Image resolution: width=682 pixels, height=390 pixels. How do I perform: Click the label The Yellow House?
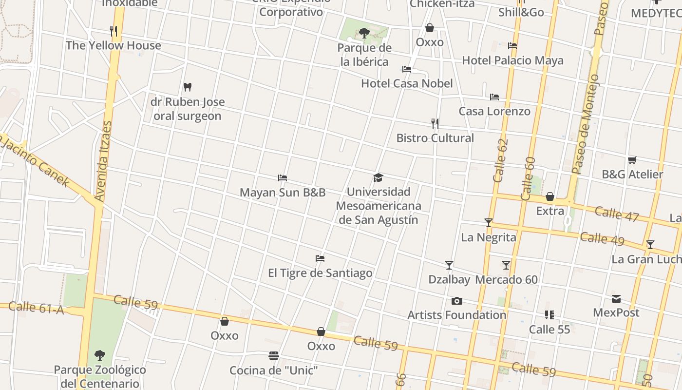click(113, 45)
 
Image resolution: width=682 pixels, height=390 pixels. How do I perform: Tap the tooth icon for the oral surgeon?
click(188, 87)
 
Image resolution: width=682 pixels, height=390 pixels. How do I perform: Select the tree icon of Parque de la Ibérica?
click(364, 33)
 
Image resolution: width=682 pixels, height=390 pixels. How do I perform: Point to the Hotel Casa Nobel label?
click(407, 83)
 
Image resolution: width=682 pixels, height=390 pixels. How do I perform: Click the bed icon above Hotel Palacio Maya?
click(512, 46)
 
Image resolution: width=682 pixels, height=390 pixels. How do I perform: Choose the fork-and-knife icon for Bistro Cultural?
click(435, 124)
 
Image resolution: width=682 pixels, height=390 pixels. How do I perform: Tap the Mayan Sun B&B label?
click(283, 193)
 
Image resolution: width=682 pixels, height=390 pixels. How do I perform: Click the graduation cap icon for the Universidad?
click(379, 177)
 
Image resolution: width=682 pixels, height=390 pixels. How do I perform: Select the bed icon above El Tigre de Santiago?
click(320, 258)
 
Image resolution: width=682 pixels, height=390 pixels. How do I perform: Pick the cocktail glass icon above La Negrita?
click(489, 223)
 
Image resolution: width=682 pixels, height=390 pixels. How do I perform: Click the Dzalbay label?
click(449, 280)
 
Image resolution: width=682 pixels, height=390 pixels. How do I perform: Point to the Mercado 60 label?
click(507, 280)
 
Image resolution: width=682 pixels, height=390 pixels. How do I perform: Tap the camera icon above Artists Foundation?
click(457, 301)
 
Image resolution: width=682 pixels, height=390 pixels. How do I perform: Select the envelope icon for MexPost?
click(616, 298)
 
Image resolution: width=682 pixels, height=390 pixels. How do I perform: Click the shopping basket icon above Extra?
click(550, 196)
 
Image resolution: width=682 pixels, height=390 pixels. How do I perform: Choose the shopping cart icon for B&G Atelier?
click(632, 160)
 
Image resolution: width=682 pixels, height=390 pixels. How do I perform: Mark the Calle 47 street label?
click(616, 214)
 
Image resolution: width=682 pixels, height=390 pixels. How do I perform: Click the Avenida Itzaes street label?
click(102, 161)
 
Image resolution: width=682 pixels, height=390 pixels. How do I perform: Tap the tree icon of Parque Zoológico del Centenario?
click(100, 355)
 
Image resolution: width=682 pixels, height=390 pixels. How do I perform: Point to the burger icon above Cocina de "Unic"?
click(274, 356)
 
